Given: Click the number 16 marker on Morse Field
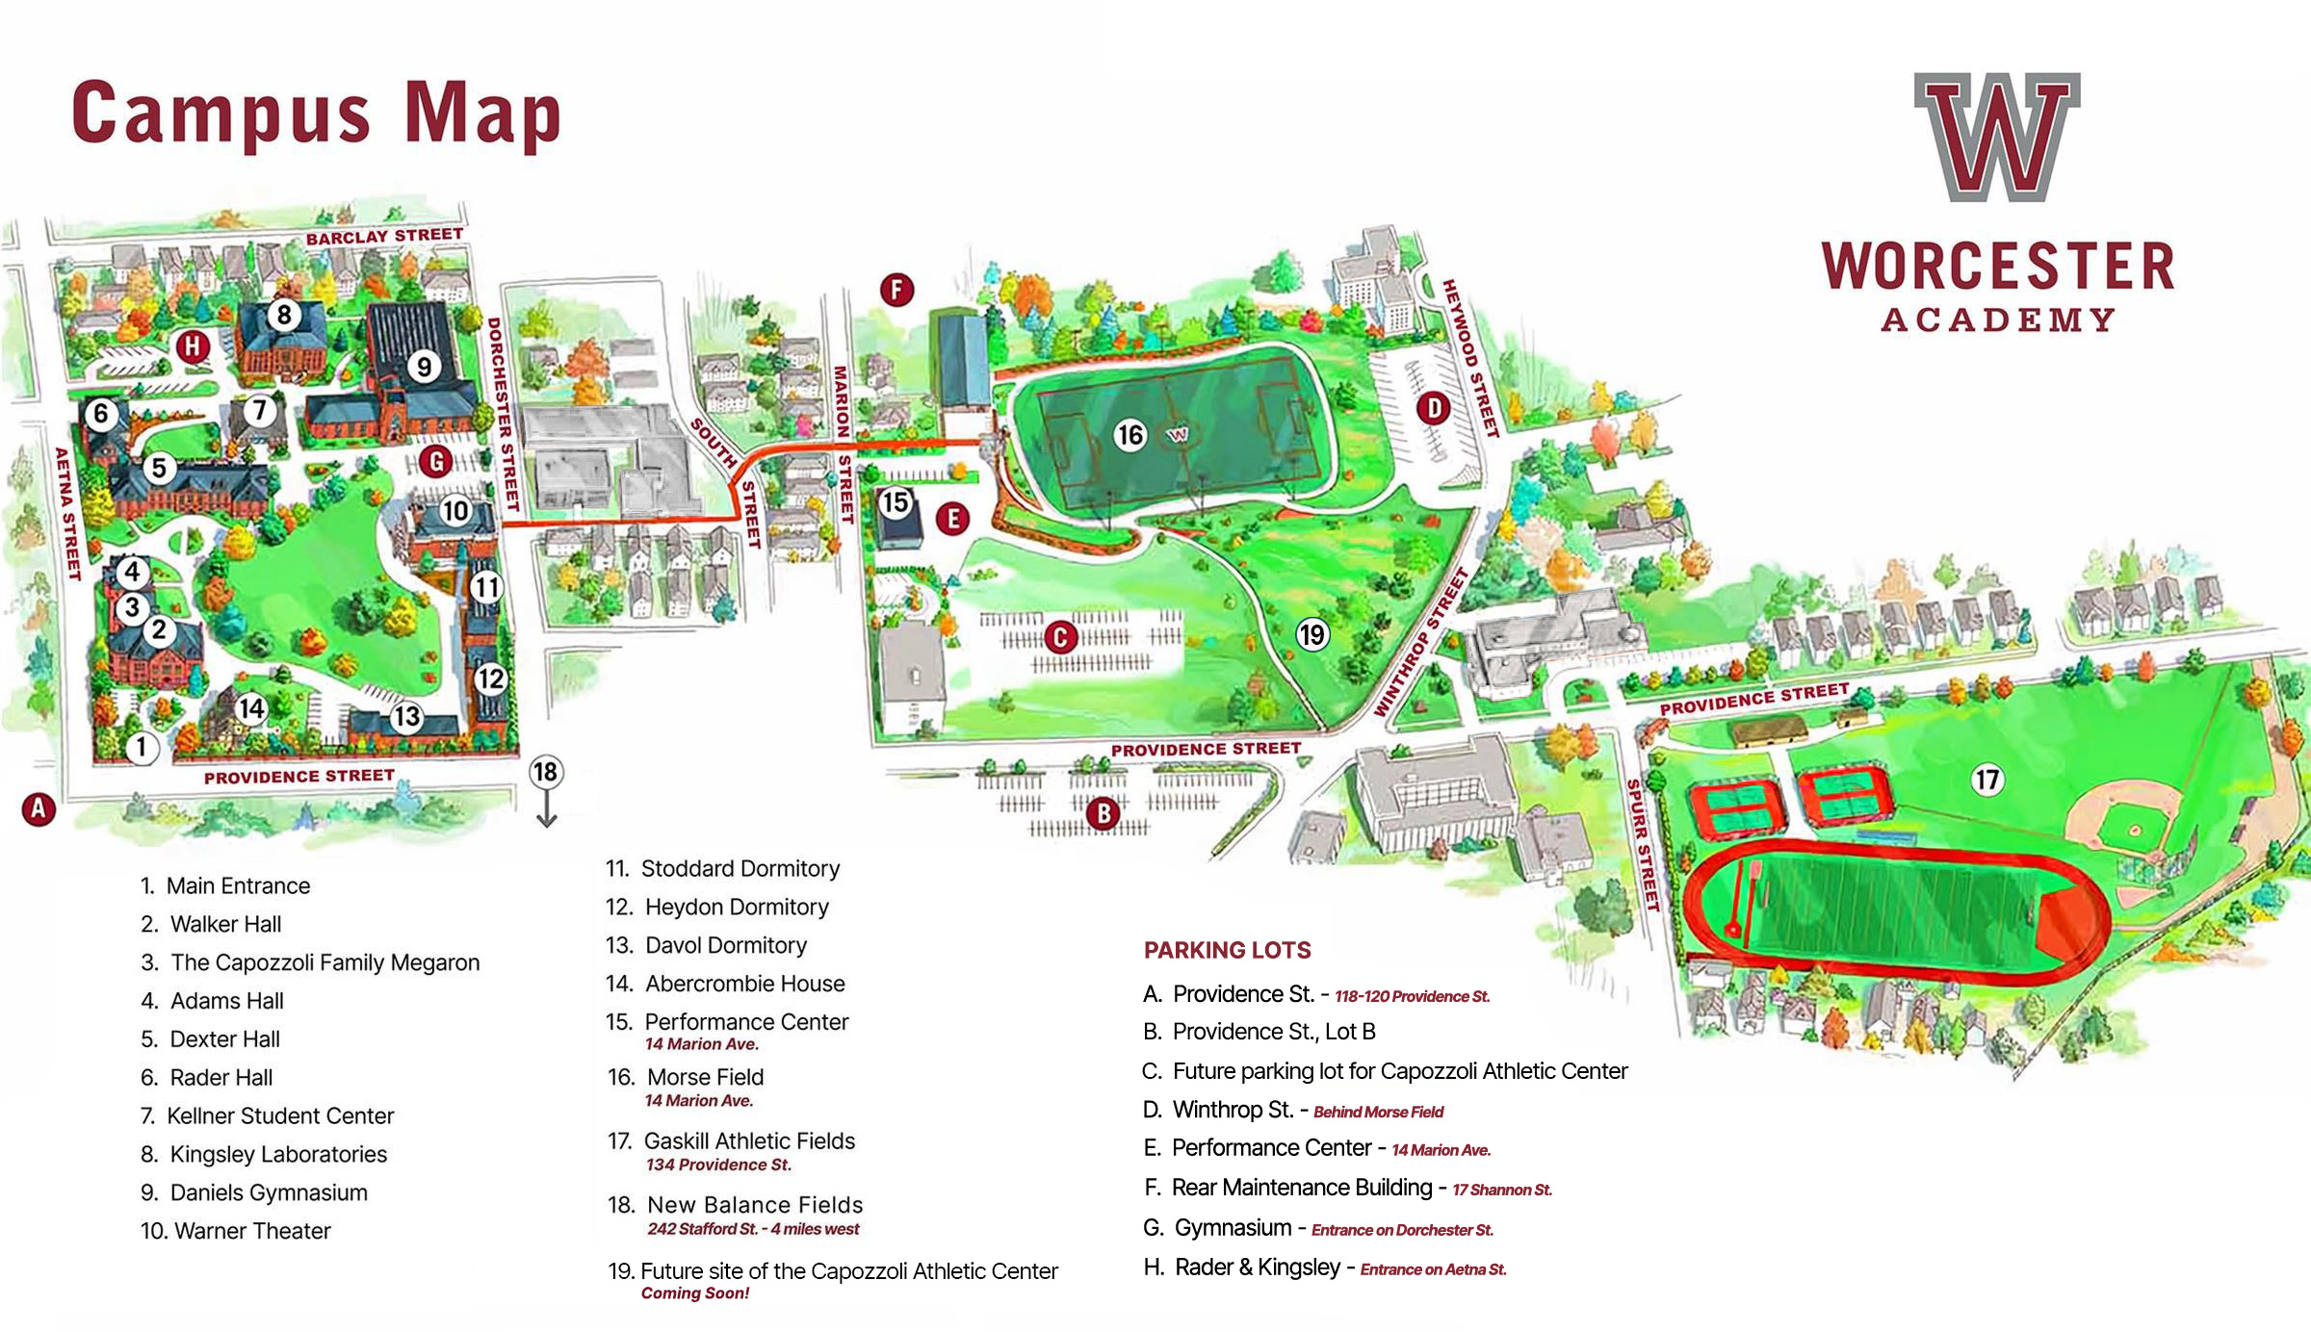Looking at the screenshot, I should click(x=1130, y=435).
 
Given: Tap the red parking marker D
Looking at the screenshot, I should click(x=1434, y=408).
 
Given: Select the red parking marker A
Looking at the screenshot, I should click(x=39, y=808).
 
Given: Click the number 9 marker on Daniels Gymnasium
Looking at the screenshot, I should click(x=424, y=366).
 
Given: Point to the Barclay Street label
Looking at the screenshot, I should click(x=384, y=236).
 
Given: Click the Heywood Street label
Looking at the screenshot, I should click(x=1470, y=358).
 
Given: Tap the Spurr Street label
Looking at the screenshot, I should click(x=1643, y=845).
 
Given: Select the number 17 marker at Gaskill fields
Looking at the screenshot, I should click(x=1987, y=779).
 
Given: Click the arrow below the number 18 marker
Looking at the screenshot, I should click(x=546, y=812).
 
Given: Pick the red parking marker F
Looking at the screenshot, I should click(x=896, y=289).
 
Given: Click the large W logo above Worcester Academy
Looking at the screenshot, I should click(x=1997, y=137).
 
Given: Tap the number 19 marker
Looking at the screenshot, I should click(x=1312, y=634).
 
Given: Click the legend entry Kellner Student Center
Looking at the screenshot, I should click(x=280, y=1115).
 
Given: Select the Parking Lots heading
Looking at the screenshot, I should click(x=1227, y=950).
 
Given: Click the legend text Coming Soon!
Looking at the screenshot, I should click(x=694, y=1293).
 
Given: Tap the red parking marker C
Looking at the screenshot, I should click(x=1060, y=637).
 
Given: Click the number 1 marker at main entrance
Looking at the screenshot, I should click(x=142, y=747).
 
